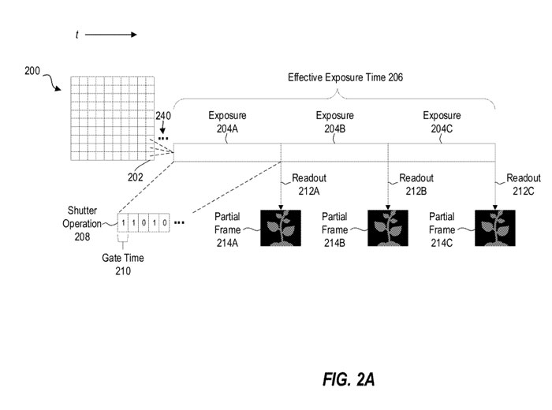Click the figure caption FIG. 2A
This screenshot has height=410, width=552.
[x=349, y=380]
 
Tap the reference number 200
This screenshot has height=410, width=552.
[x=34, y=71]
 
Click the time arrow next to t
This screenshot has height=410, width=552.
[x=110, y=35]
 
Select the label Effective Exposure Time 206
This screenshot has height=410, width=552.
[x=345, y=77]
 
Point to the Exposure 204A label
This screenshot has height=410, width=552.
[x=227, y=121]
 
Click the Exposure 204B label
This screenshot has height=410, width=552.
[x=334, y=121]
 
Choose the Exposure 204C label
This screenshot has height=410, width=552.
[x=442, y=121]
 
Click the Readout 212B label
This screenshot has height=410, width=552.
[x=416, y=184]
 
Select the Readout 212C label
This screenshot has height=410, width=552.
[x=524, y=184]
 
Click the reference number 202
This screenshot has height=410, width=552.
[x=136, y=177]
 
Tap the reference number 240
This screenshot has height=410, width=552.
[x=162, y=116]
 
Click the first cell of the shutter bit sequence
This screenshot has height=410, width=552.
[x=124, y=223]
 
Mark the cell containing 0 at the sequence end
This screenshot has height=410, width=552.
[x=164, y=223]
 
